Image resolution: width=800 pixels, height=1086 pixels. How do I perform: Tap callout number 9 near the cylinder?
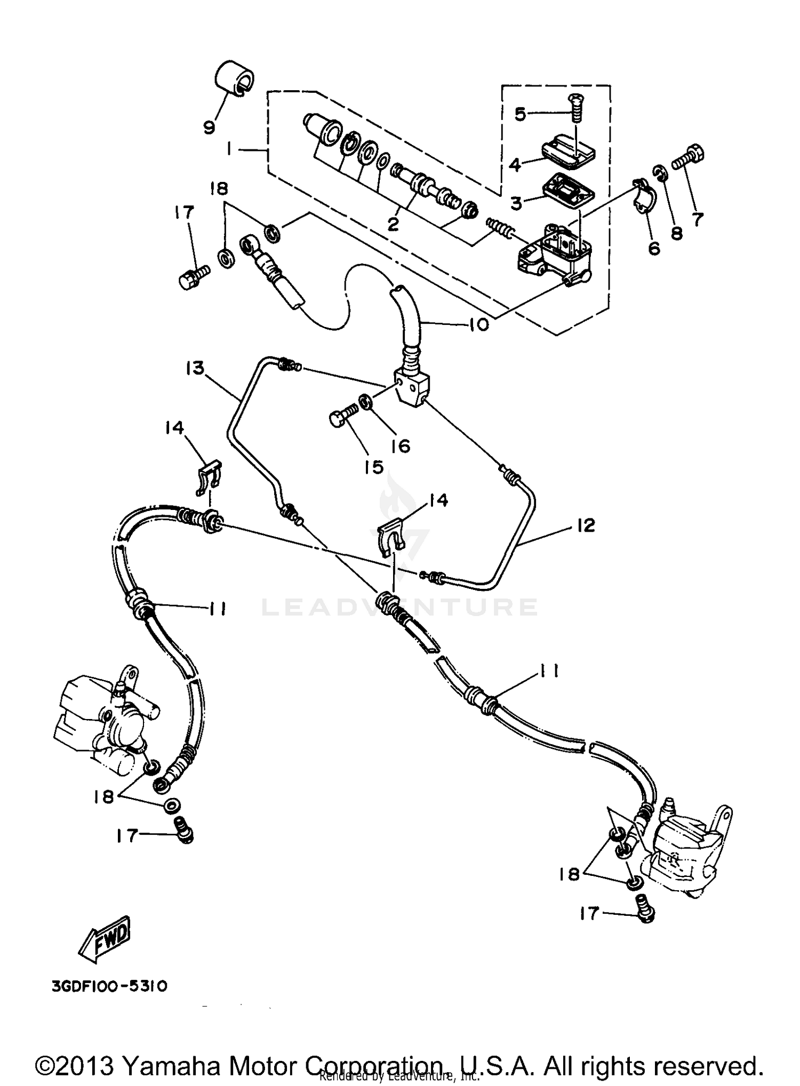(209, 127)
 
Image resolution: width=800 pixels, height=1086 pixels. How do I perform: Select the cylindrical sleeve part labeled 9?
(234, 78)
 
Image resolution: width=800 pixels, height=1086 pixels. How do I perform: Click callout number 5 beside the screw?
(520, 113)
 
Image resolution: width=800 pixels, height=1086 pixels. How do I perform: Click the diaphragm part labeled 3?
(568, 191)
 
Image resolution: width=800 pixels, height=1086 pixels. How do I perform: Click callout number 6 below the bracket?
(654, 247)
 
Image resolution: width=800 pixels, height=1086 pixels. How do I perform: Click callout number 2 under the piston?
(393, 225)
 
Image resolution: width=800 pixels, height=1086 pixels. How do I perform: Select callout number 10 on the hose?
(478, 324)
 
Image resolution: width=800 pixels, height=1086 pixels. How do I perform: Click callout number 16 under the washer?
(401, 446)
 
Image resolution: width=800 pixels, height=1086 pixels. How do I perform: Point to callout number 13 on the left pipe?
(195, 368)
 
